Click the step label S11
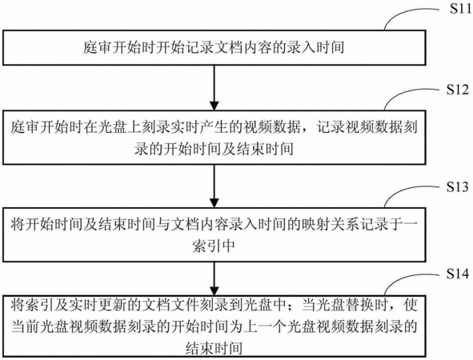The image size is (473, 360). (460, 9)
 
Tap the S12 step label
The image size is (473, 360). (458, 90)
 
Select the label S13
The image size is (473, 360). (458, 187)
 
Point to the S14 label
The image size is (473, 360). (458, 274)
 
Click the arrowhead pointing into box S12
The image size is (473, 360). (214, 106)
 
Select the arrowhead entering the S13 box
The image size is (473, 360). (214, 202)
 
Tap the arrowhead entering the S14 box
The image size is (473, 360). (214, 290)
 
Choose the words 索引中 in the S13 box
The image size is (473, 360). (214, 246)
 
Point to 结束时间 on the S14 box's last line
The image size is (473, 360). (214, 348)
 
